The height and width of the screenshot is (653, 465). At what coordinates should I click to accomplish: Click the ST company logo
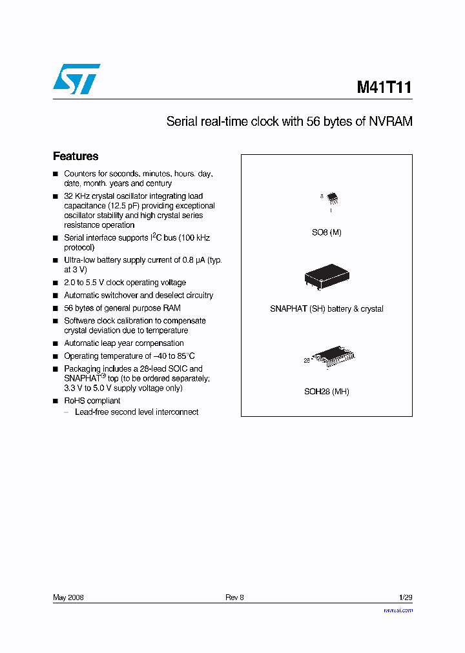pyautogui.click(x=77, y=79)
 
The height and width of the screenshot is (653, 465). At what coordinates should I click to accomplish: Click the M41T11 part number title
pyautogui.click(x=384, y=87)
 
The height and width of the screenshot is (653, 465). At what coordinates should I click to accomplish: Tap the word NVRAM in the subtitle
pyautogui.click(x=391, y=121)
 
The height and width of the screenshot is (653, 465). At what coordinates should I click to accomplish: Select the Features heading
pyautogui.click(x=76, y=156)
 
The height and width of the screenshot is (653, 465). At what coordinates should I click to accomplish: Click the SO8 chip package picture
pyautogui.click(x=331, y=197)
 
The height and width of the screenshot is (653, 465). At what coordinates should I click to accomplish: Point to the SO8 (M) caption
pyautogui.click(x=327, y=232)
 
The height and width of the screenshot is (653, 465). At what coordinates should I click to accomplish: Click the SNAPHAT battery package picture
pyautogui.click(x=327, y=276)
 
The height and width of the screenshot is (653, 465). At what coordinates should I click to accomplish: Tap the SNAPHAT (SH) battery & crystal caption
pyautogui.click(x=327, y=309)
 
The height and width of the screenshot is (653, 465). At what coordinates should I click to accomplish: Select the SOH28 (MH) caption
pyautogui.click(x=327, y=392)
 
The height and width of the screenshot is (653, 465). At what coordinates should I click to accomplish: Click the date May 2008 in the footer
pyautogui.click(x=68, y=598)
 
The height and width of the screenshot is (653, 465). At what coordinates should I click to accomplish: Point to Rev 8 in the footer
pyautogui.click(x=234, y=598)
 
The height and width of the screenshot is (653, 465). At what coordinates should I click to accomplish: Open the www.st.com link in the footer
pyautogui.click(x=398, y=610)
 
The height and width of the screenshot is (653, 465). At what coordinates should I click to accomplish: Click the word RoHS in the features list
pyautogui.click(x=75, y=401)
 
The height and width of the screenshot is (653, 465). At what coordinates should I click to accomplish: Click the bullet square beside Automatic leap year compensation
pyautogui.click(x=56, y=344)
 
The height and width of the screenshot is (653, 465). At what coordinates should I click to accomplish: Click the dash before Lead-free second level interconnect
pyautogui.click(x=67, y=412)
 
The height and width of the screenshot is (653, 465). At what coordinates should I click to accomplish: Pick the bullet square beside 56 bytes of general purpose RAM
pyautogui.click(x=56, y=308)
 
